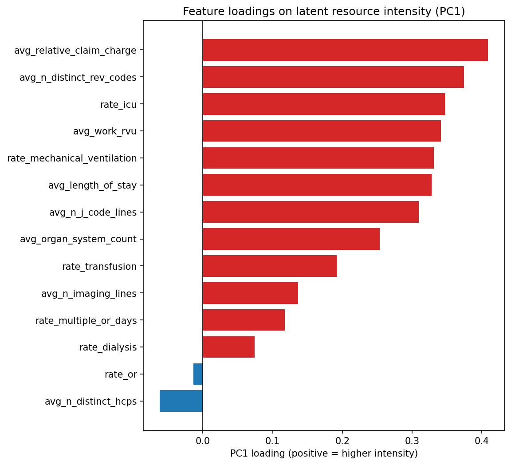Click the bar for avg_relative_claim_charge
(x=345, y=50)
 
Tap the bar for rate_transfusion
(x=270, y=266)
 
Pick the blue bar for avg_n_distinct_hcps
(x=181, y=401)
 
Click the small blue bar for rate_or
(x=198, y=374)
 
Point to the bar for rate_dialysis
(x=228, y=347)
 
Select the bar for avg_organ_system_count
(x=291, y=239)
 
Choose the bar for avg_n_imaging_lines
(x=250, y=293)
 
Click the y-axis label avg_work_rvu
(x=105, y=131)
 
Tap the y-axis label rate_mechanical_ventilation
(x=72, y=158)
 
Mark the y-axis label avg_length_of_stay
(x=92, y=185)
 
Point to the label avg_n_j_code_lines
(x=93, y=213)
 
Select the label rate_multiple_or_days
(x=86, y=320)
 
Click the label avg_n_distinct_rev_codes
(x=78, y=78)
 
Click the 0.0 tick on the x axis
(x=203, y=441)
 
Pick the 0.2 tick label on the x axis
(x=342, y=441)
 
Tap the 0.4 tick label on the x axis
(x=482, y=441)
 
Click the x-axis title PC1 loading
(x=324, y=454)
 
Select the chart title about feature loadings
(x=324, y=12)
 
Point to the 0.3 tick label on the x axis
(x=412, y=441)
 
